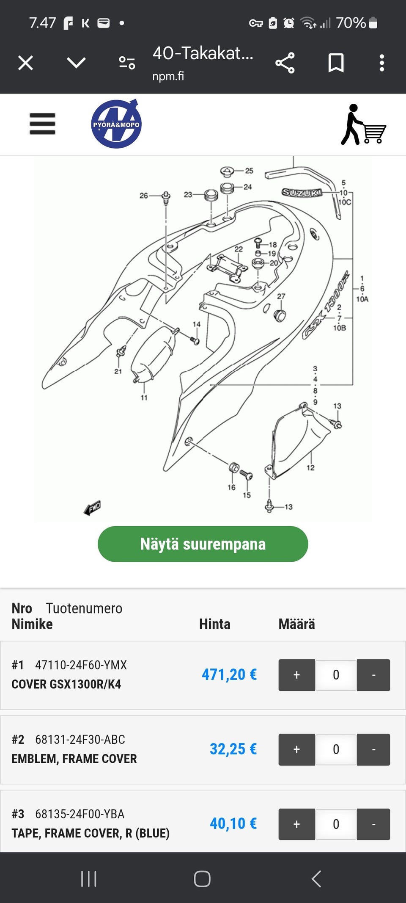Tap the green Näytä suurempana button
click(203, 544)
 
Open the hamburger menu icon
click(42, 124)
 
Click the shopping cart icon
click(363, 124)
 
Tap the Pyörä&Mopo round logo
click(116, 124)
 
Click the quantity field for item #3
click(336, 824)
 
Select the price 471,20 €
click(229, 674)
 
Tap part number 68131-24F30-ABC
click(80, 740)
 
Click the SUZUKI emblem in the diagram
click(302, 193)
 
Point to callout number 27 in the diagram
click(281, 296)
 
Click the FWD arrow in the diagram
click(93, 507)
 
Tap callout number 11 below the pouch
click(144, 398)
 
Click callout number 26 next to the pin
click(144, 196)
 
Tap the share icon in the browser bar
click(285, 63)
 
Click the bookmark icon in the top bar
click(336, 63)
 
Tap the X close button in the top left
click(25, 63)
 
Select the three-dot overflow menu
click(381, 63)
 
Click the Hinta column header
click(214, 624)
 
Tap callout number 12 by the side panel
click(310, 467)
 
